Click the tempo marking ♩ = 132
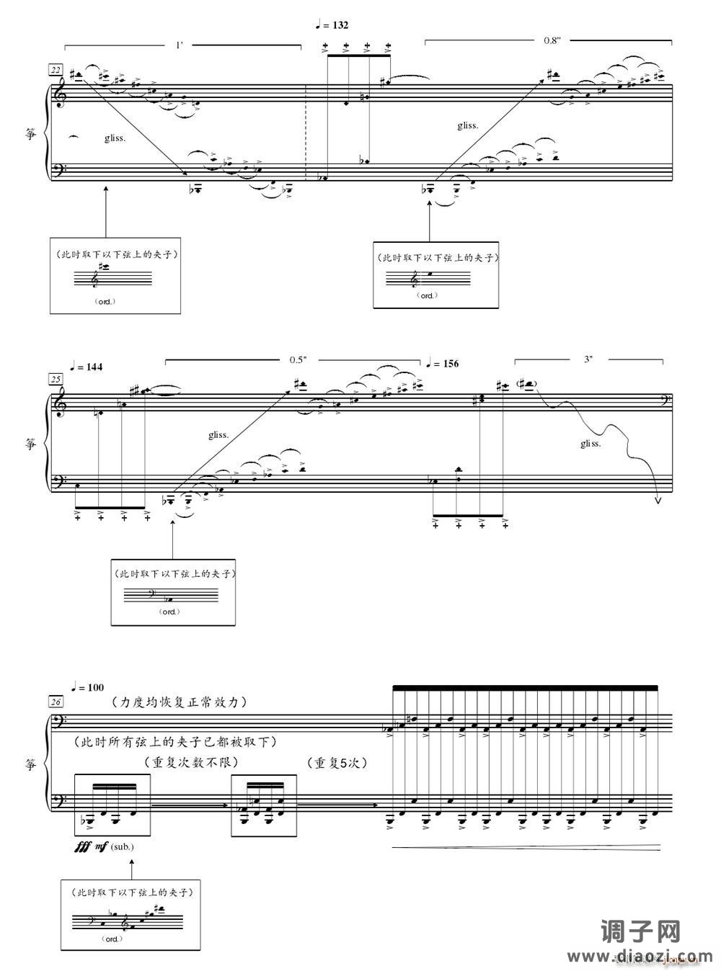(x=332, y=25)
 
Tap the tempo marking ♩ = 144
(x=87, y=367)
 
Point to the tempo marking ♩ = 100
(x=87, y=687)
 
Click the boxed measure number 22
(x=55, y=70)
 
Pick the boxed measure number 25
(x=55, y=379)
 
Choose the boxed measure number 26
(x=55, y=701)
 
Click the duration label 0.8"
(x=552, y=41)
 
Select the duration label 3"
(x=589, y=359)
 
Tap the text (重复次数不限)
(x=191, y=762)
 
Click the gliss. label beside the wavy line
(x=590, y=444)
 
